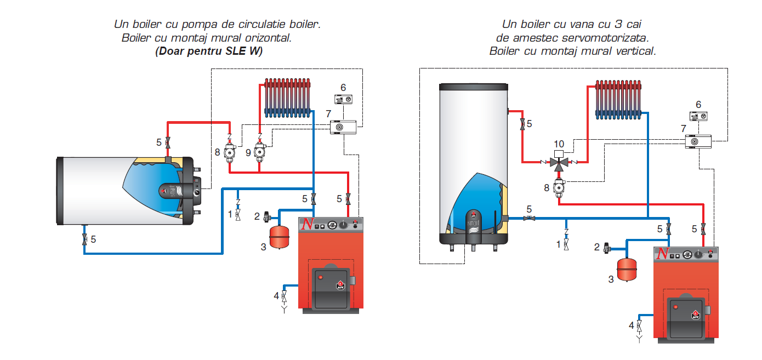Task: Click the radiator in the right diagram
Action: (619, 99)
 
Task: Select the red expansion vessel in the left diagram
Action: (280, 235)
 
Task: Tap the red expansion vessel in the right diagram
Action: (627, 268)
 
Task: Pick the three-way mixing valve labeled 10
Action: (559, 163)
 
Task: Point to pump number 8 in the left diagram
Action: (230, 151)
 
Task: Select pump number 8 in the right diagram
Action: (559, 186)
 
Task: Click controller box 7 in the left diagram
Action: (343, 127)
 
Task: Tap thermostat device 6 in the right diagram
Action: (698, 116)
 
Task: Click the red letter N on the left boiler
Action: (308, 225)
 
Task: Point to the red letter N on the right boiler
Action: (663, 253)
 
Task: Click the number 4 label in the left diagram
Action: (276, 296)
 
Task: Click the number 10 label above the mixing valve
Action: (559, 144)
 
